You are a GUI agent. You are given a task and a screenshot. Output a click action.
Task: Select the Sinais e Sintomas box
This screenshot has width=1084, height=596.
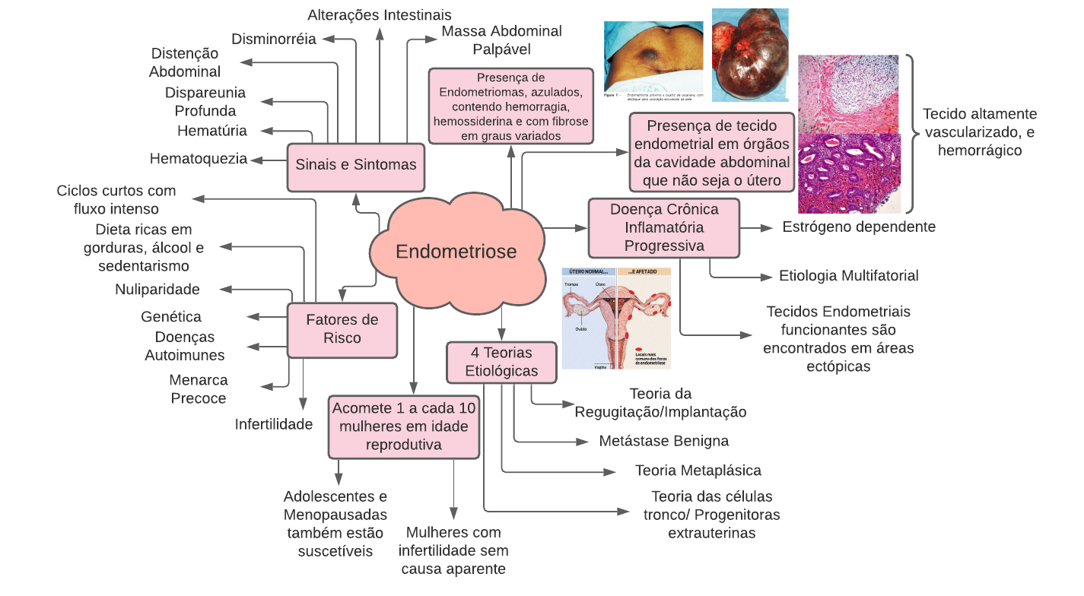tap(356, 165)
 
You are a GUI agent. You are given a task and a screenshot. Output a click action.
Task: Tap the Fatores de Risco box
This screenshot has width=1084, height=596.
tap(342, 329)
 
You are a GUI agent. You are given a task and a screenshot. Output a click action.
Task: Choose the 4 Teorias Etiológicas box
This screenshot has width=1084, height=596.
tap(501, 362)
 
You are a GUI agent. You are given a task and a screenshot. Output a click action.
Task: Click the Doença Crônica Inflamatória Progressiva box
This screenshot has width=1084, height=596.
tap(664, 227)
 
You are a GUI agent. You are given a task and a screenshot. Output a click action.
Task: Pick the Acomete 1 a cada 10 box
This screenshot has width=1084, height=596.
tap(404, 426)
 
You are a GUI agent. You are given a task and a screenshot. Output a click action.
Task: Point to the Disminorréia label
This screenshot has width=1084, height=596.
tap(274, 40)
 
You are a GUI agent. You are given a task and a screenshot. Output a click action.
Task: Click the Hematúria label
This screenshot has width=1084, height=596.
tap(212, 131)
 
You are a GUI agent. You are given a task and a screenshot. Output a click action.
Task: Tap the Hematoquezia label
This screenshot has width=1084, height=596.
tap(199, 159)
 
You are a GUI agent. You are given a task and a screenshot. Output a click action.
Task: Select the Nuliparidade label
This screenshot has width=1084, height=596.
tap(157, 289)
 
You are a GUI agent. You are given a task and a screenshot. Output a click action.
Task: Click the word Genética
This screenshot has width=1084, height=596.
tap(171, 317)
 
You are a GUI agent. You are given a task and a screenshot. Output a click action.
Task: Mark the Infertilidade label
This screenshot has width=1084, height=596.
tap(274, 424)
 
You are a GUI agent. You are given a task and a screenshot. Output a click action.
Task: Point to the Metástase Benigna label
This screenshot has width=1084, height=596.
tap(664, 441)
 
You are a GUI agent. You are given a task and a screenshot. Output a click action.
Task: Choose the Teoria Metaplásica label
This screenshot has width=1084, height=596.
tap(698, 471)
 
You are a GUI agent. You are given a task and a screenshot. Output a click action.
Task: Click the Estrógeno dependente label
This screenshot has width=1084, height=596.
tap(859, 227)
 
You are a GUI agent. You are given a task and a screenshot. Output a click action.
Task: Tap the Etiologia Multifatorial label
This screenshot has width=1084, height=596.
tap(849, 275)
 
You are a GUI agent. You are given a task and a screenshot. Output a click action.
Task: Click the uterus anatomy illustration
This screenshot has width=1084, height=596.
tap(617, 318)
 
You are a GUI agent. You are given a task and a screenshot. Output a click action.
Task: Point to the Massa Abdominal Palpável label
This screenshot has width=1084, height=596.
tap(501, 40)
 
